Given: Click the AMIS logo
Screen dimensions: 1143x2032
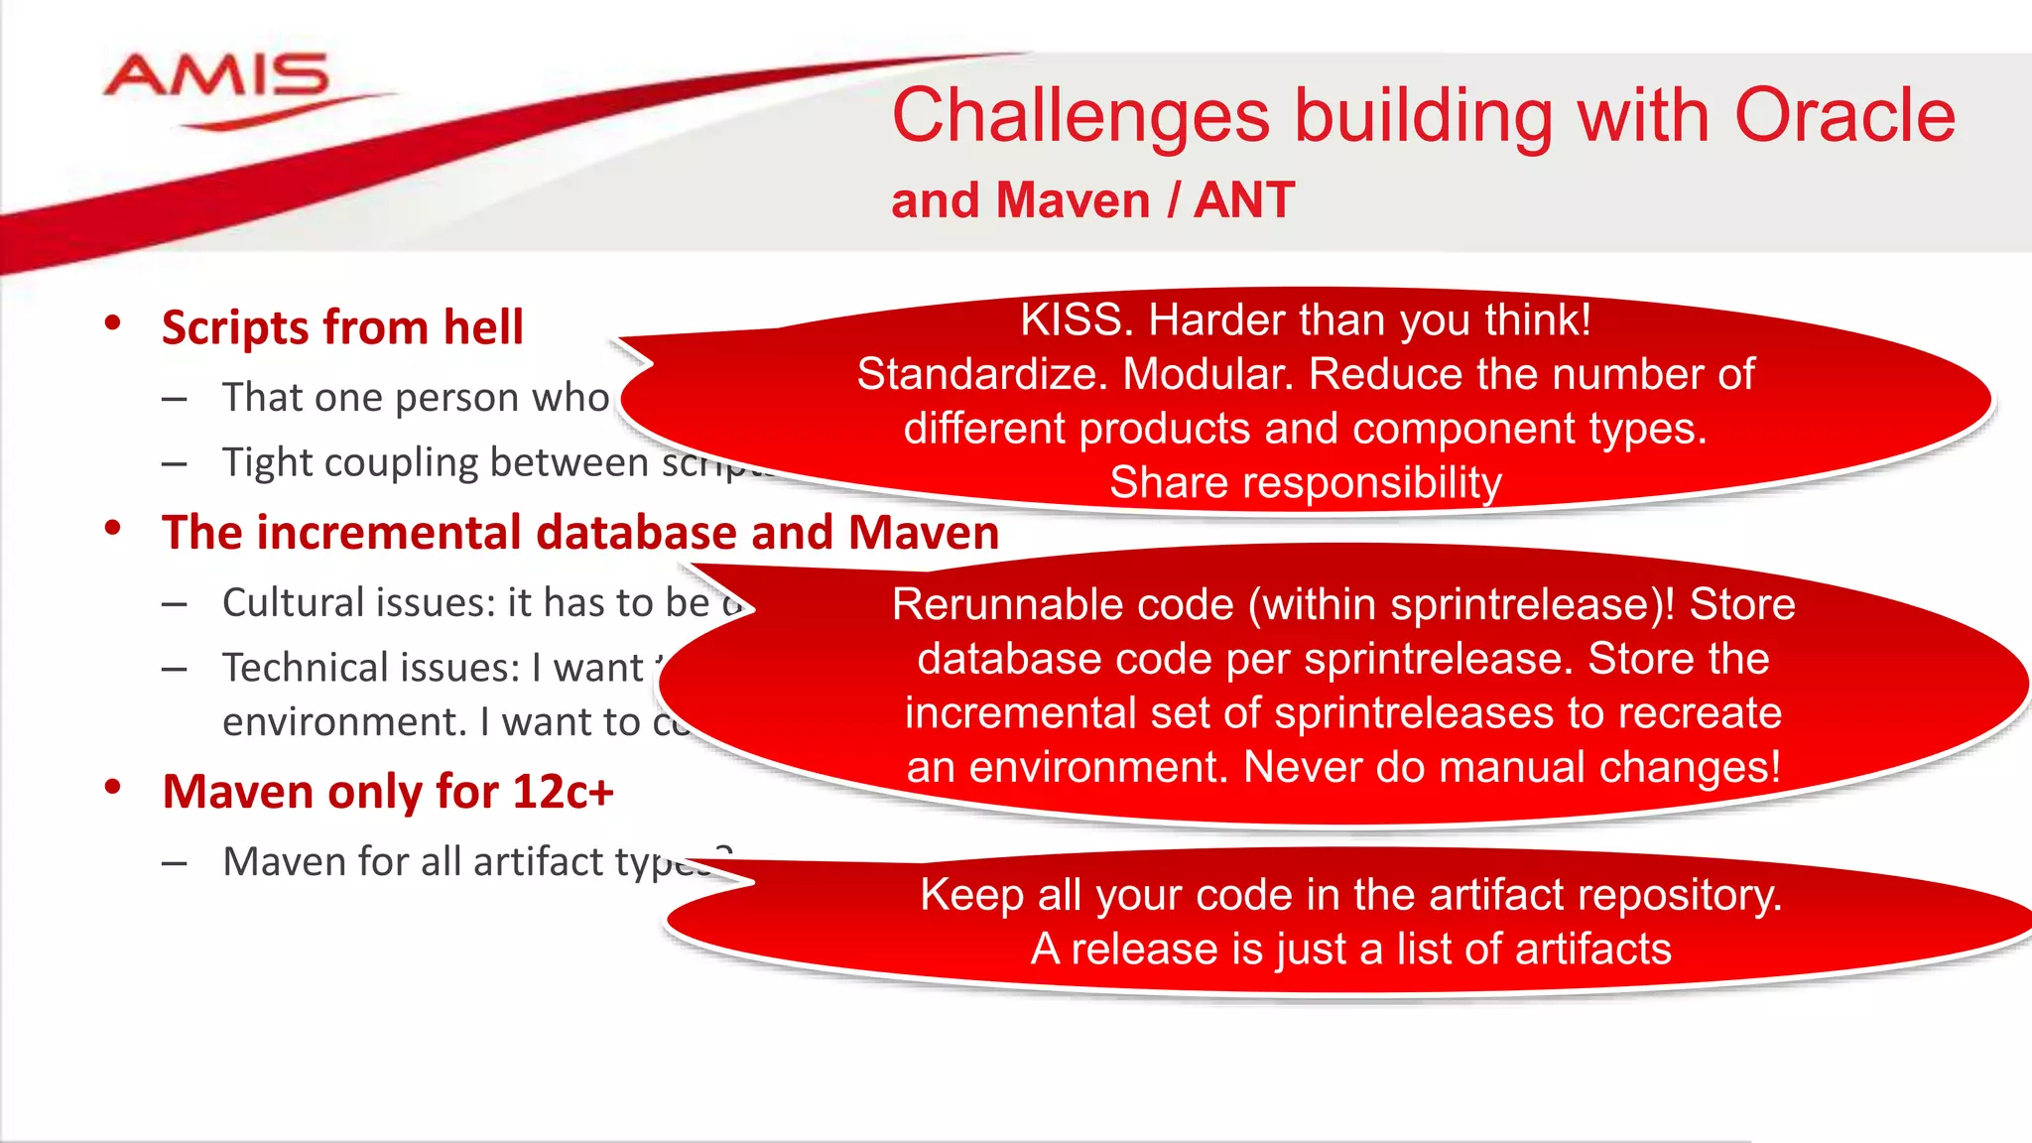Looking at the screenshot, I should coord(216,79).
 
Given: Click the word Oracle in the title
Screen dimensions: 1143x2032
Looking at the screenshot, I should coord(1844,116).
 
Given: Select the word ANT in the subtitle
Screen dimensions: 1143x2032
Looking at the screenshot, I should coord(1244,200).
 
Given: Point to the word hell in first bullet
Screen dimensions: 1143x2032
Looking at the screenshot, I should coord(483,327).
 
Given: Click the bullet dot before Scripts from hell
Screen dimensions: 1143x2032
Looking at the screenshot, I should coord(112,323).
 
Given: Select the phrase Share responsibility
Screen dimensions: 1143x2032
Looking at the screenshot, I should coord(1305,482).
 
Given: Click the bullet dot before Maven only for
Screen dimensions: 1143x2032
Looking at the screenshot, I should coord(112,788).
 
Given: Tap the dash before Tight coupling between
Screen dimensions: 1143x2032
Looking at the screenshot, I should coord(175,463).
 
